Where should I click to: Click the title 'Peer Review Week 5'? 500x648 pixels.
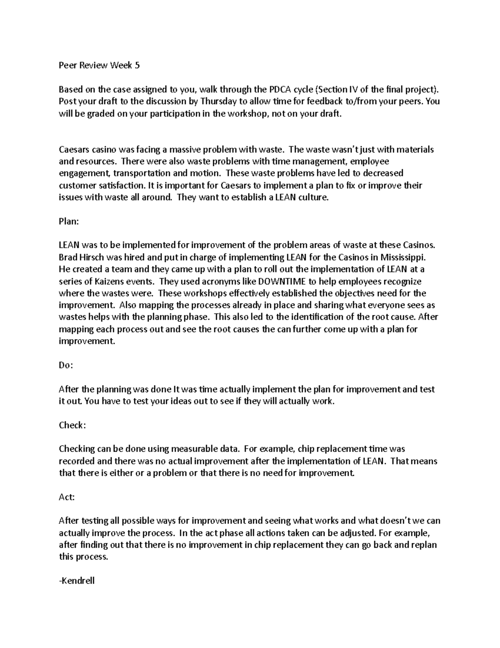99,65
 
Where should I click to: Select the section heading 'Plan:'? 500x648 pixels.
69,222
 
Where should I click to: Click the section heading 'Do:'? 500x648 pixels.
66,365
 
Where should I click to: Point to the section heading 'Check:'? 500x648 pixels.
72,425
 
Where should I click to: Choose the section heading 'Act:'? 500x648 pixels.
67,497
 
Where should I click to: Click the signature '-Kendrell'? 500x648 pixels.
77,580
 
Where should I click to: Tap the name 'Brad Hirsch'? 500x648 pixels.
80,257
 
